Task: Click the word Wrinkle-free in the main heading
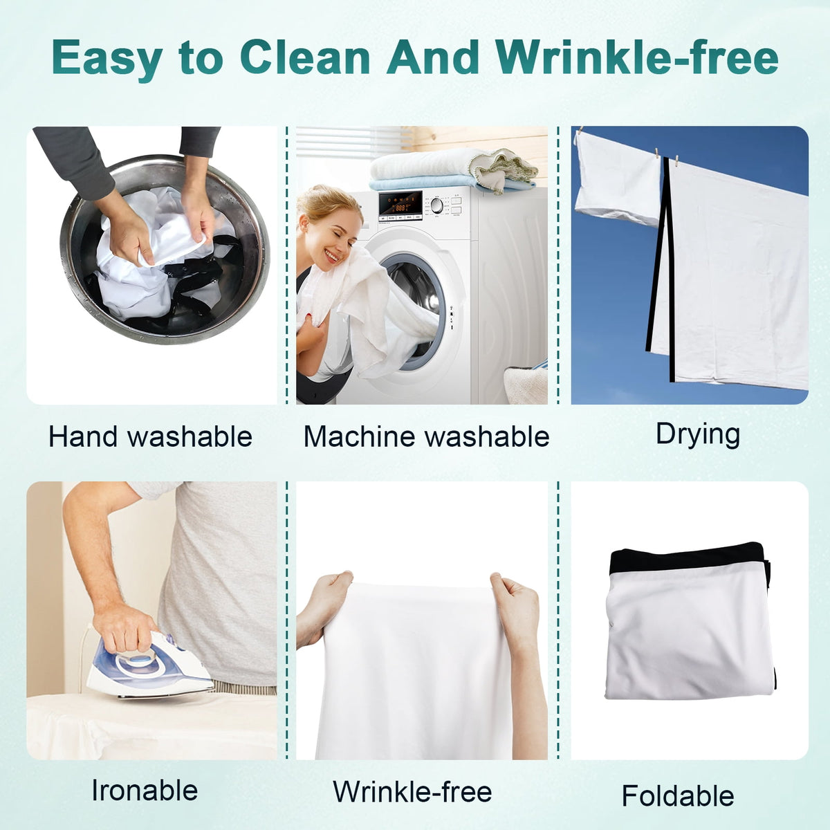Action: point(637,57)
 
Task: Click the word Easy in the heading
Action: point(107,60)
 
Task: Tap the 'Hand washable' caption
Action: point(150,436)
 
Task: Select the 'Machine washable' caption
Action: point(427,436)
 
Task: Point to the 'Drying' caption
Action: point(698,435)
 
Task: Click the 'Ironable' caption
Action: point(145,791)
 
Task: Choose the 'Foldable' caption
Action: point(678,795)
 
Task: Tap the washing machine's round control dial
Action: point(436,205)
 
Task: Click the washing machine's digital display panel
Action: point(400,204)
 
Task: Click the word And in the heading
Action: point(432,57)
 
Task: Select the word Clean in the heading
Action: point(304,57)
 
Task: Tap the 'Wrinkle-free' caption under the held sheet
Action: point(412,791)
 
